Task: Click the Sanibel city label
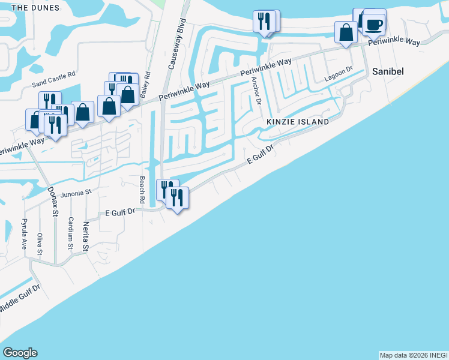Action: [387, 71]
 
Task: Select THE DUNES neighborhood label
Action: [35, 8]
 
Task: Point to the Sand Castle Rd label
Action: [53, 74]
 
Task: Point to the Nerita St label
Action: [86, 236]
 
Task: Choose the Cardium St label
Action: [71, 233]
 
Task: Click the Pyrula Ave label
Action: [25, 235]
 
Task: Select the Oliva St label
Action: [40, 243]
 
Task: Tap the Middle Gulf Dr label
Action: [20, 298]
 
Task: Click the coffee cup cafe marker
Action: [373, 25]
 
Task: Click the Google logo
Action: [20, 353]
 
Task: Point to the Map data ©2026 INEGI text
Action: [413, 355]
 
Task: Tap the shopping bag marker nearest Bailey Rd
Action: [128, 95]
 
